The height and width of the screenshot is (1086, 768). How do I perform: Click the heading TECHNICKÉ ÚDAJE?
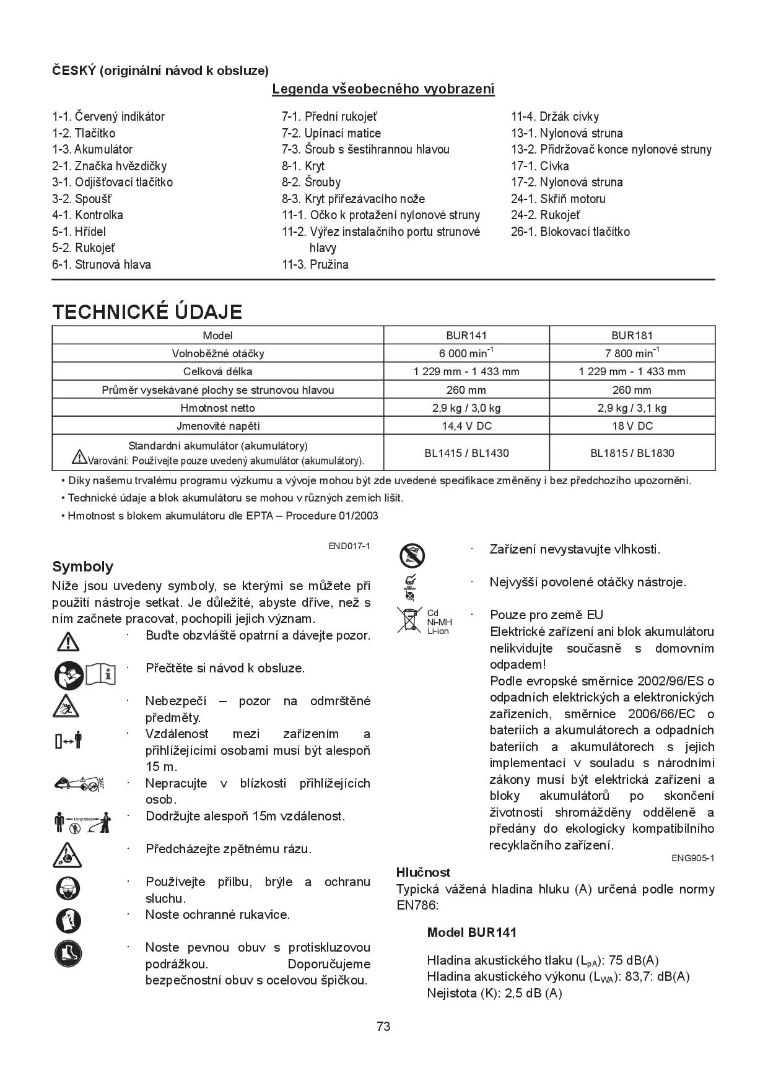[147, 311]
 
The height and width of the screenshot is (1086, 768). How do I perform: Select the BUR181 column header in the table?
[632, 336]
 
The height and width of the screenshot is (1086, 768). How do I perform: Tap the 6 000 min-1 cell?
[466, 354]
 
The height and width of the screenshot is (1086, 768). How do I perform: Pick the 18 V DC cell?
[632, 426]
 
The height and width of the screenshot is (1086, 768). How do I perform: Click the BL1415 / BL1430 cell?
[466, 453]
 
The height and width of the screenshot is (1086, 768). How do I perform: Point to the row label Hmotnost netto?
[217, 408]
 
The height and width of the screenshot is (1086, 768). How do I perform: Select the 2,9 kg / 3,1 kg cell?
[632, 408]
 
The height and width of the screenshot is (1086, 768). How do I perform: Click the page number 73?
[383, 1027]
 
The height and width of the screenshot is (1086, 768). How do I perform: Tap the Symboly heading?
[82, 567]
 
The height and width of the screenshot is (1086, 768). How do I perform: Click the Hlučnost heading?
[423, 872]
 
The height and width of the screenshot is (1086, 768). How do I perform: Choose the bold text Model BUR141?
[471, 932]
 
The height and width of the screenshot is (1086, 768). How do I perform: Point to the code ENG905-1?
[692, 858]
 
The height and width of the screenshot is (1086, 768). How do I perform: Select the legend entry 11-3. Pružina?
[315, 264]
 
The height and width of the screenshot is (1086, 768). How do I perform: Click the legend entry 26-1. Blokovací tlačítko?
[570, 232]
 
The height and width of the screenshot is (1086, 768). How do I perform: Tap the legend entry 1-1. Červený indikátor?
[108, 116]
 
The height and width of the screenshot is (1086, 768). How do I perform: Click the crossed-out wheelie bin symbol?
[409, 620]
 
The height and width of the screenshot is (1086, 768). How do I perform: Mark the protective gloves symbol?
[68, 921]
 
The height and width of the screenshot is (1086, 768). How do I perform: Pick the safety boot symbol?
[68, 954]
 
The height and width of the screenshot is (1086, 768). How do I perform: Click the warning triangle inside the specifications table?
[79, 458]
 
